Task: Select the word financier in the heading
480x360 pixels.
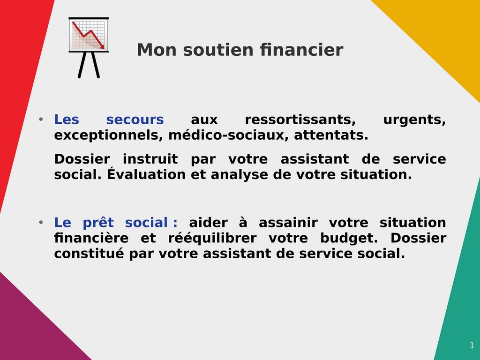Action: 301,50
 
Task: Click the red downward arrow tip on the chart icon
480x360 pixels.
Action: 103,47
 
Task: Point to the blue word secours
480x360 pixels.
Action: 135,120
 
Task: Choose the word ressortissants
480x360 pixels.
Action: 300,120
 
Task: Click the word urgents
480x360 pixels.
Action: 414,120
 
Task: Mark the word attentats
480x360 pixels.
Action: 331,135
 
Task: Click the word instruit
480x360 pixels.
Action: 150,159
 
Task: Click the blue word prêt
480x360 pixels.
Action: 98,223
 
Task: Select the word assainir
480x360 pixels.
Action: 288,223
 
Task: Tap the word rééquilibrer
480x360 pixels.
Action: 212,238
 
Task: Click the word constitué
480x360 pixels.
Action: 89,254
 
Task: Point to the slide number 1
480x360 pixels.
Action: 472,345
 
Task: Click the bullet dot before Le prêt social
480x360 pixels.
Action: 41,223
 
